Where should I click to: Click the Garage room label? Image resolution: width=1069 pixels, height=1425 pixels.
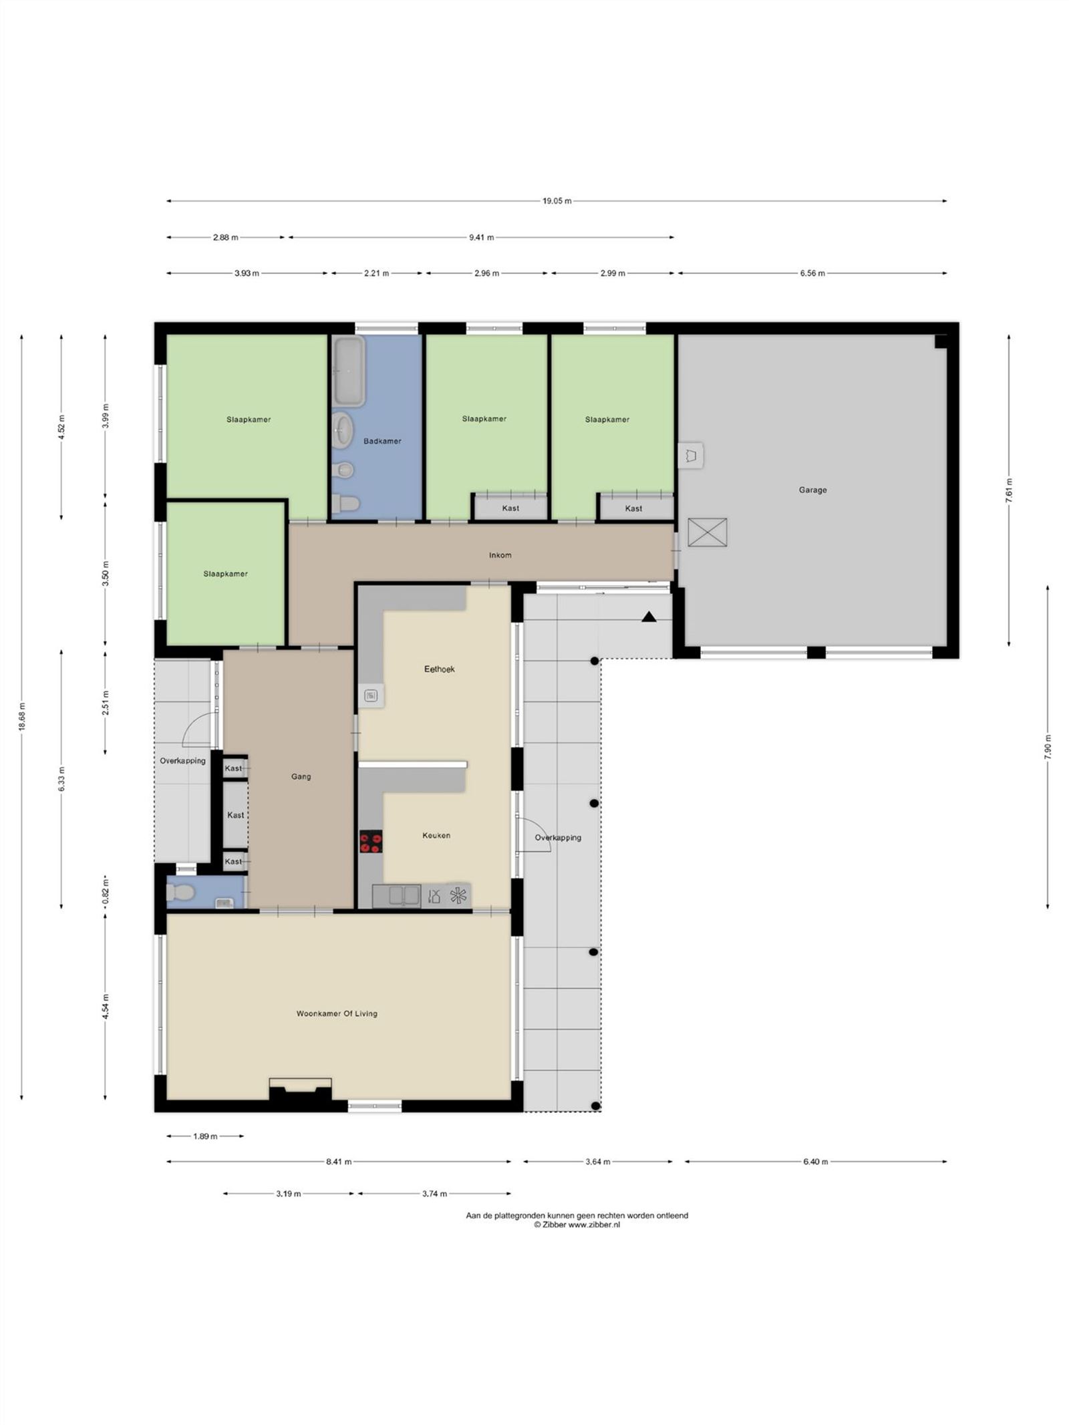tap(812, 490)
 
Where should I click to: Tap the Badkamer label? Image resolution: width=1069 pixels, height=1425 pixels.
tap(382, 441)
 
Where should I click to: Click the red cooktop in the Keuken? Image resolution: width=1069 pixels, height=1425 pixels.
tap(371, 841)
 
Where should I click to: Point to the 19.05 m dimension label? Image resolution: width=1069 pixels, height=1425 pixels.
tap(557, 200)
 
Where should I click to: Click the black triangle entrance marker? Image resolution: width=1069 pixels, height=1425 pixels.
tap(649, 617)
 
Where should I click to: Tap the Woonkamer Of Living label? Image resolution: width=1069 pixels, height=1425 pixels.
tap(337, 1013)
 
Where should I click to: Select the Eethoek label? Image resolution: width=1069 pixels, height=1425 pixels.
tap(439, 669)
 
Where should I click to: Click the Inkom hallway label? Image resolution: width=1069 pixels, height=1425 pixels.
tap(500, 555)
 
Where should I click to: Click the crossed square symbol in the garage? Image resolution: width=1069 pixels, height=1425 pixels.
tap(707, 532)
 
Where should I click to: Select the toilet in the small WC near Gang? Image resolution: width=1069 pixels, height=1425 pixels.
tap(179, 892)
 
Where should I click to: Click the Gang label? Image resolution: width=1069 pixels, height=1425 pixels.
tap(301, 776)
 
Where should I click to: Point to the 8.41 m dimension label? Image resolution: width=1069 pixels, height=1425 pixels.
tap(339, 1162)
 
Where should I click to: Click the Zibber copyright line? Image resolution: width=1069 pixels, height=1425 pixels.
tap(577, 1225)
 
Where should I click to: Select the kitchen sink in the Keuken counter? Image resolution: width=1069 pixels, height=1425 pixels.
tap(396, 895)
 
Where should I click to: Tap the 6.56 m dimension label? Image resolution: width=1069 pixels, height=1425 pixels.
tap(812, 273)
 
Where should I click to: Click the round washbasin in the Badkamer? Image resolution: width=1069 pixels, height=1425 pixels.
tap(343, 427)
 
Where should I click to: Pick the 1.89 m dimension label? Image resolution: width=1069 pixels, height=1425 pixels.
tap(205, 1136)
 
